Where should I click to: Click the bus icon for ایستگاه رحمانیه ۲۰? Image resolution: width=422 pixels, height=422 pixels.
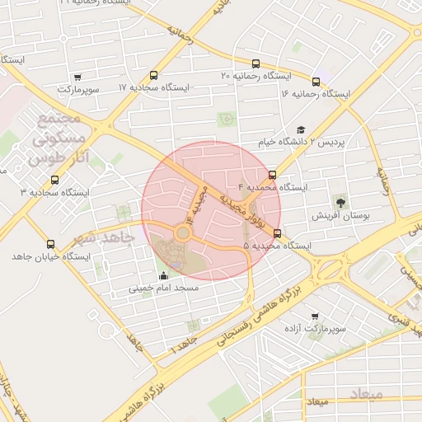click(256, 64)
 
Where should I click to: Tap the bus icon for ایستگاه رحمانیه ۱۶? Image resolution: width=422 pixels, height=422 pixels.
click(316, 82)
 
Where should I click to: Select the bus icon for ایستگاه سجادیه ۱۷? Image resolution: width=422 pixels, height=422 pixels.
click(154, 76)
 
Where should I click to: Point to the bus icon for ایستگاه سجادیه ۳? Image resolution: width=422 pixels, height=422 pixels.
click(55, 181)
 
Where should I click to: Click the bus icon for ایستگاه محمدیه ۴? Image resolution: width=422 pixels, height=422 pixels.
click(273, 175)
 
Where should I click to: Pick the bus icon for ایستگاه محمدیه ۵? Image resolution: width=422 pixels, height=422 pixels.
click(277, 233)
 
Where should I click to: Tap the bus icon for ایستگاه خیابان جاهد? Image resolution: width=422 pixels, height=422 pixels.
click(51, 245)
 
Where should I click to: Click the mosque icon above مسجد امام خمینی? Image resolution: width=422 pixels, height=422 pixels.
click(163, 276)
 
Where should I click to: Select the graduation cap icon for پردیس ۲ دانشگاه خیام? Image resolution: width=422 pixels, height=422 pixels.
click(301, 130)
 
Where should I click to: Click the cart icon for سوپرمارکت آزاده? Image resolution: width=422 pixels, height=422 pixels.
click(315, 316)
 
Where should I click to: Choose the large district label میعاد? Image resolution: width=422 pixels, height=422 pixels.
click(365, 394)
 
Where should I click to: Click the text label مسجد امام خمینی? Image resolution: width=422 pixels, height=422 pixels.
click(162, 289)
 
